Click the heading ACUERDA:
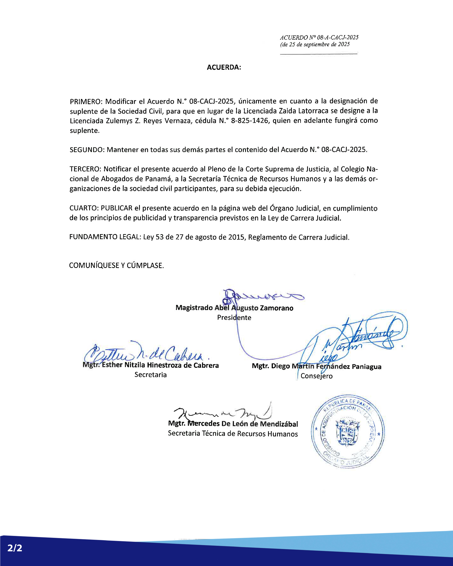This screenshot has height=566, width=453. [224, 67]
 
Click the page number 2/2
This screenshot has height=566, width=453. [15, 548]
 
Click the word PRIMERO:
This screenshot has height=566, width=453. [86, 101]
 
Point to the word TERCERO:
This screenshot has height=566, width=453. [86, 169]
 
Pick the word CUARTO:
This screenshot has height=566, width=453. [84, 208]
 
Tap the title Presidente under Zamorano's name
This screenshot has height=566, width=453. [234, 318]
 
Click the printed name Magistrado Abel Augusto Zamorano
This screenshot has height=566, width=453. [234, 308]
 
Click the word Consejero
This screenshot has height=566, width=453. [316, 376]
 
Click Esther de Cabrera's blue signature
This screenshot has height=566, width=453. [147, 354]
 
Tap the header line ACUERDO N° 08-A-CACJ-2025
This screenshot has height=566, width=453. [319, 38]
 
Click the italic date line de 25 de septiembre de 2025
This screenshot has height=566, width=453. [315, 45]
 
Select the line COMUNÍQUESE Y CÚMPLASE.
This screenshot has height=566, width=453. [116, 266]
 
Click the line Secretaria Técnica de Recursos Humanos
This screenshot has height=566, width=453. [233, 434]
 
